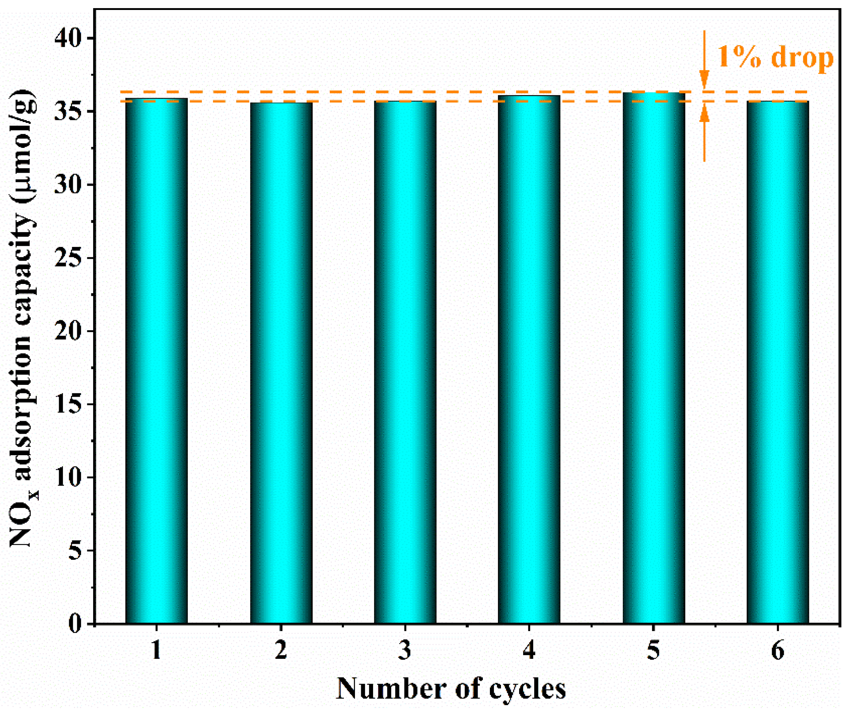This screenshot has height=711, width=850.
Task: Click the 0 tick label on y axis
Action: (x=75, y=624)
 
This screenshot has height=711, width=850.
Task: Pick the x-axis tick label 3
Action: (x=405, y=651)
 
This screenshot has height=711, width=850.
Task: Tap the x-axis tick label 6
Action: (x=778, y=651)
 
